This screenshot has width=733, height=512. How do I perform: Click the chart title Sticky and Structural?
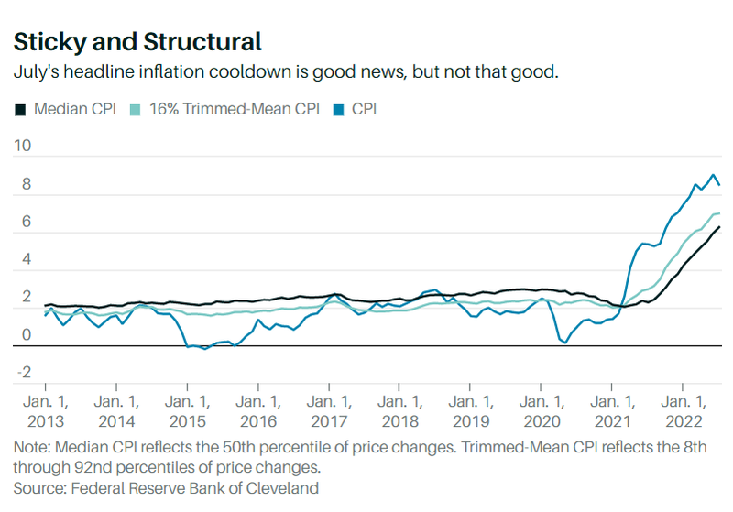tap(137, 42)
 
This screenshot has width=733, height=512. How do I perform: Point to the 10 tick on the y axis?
tap(23, 146)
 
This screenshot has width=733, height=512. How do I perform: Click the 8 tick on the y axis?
tap(26, 184)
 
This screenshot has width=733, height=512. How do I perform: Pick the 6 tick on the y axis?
tap(26, 222)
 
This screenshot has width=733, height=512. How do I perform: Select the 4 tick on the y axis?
tap(26, 260)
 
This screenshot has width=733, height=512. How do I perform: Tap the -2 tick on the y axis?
tap(24, 373)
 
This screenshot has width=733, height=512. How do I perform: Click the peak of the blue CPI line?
tap(714, 174)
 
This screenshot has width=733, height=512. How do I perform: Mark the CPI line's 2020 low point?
tap(565, 343)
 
